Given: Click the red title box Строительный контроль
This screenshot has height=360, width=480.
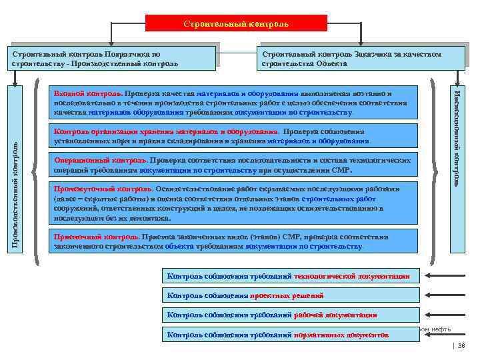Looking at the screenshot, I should coord(237,23).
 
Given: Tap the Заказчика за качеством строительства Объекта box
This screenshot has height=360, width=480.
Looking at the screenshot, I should coord(360,59).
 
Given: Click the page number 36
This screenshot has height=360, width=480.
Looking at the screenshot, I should coord(461,345).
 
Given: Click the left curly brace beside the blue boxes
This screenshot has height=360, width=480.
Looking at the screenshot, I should coord(40,170).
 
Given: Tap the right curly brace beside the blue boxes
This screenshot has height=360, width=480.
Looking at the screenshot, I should coord(436,170).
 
